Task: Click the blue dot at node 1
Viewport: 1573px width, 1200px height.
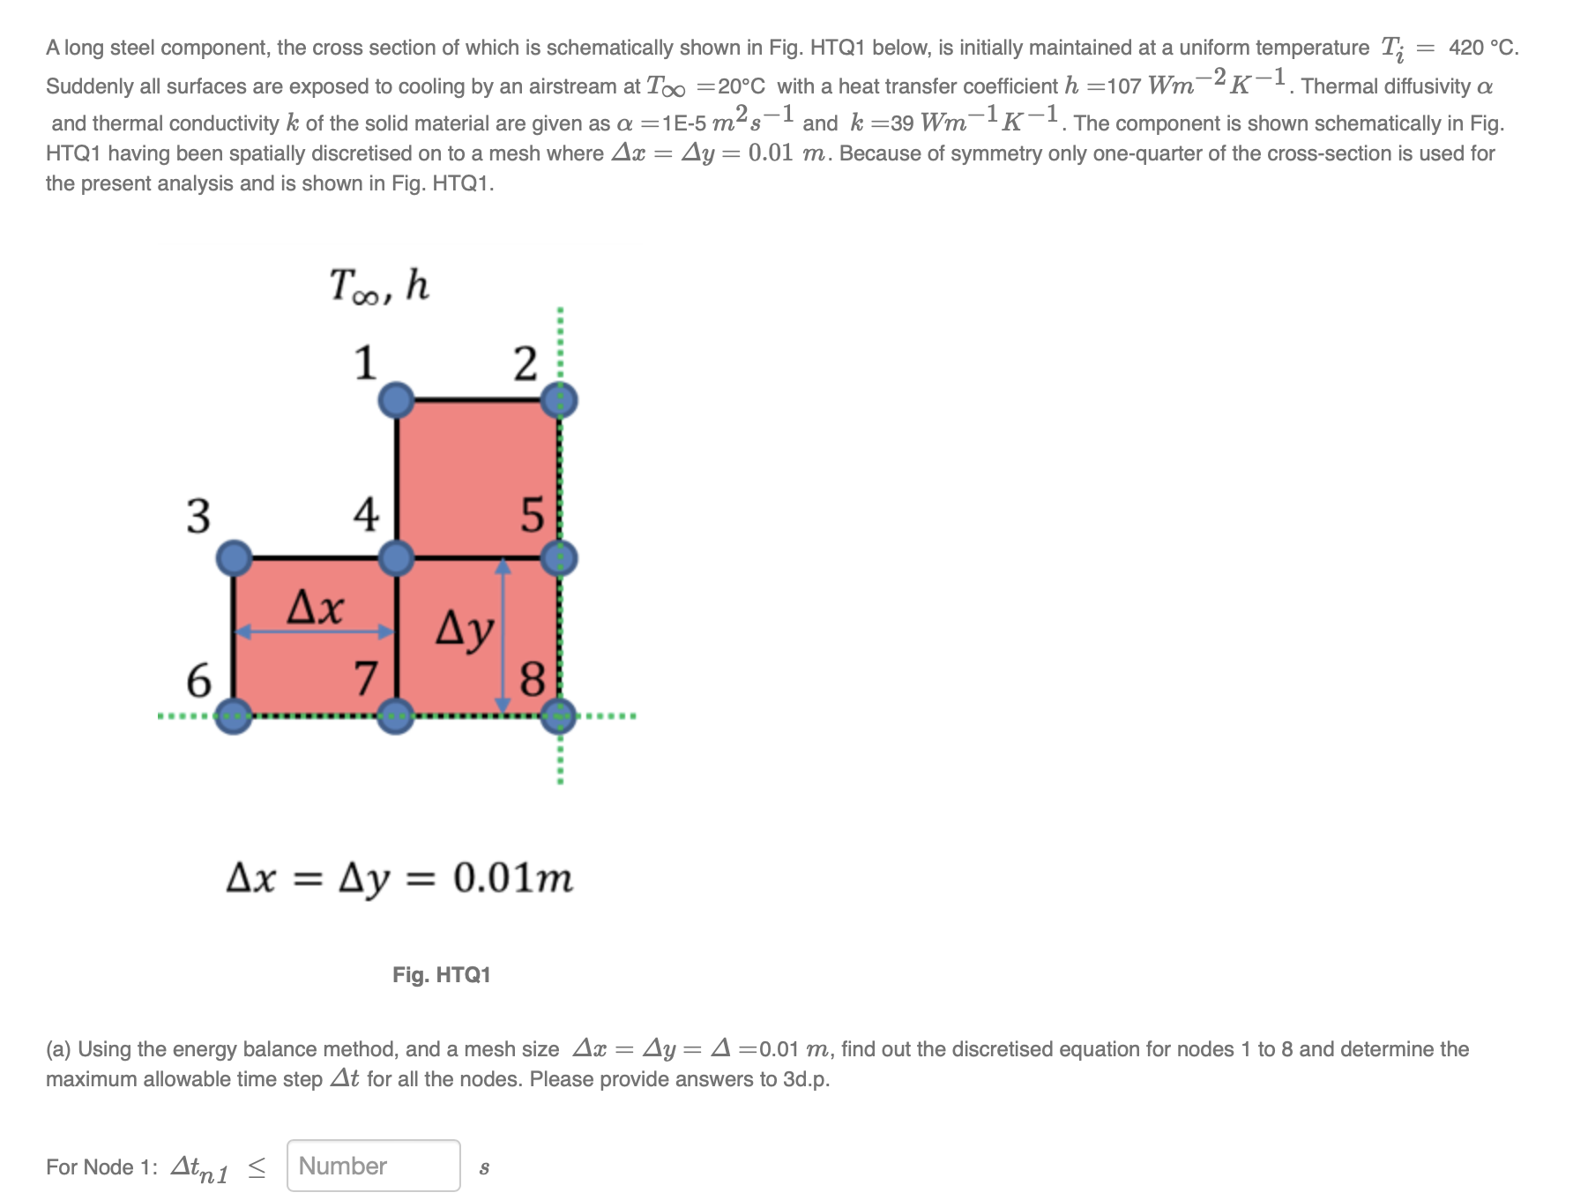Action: pyautogui.click(x=397, y=400)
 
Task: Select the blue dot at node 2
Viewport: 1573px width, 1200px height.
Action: pyautogui.click(x=559, y=400)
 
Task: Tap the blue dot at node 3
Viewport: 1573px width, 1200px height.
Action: pyautogui.click(x=234, y=558)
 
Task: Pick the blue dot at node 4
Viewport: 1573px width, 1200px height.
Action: pyautogui.click(x=397, y=558)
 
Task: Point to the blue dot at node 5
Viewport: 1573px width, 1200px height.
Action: pyautogui.click(x=559, y=558)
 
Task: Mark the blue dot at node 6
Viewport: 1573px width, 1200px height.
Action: pyautogui.click(x=234, y=715)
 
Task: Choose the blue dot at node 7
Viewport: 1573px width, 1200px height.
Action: pyautogui.click(x=397, y=715)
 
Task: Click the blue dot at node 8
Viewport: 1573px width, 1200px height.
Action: pyautogui.click(x=559, y=715)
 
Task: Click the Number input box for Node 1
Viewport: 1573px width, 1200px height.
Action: pyautogui.click(x=373, y=1166)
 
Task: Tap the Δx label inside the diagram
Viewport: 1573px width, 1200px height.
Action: pyautogui.click(x=316, y=607)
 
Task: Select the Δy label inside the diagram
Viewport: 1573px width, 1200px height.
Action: pyautogui.click(x=465, y=630)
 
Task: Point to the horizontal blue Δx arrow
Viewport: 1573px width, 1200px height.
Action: pyautogui.click(x=315, y=631)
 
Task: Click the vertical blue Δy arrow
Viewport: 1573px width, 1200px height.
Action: pyautogui.click(x=503, y=636)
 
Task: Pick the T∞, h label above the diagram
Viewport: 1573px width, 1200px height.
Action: pyautogui.click(x=379, y=286)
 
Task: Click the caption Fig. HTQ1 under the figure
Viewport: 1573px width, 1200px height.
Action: pyautogui.click(x=441, y=974)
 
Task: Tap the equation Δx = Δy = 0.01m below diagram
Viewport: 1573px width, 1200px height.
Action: pyautogui.click(x=399, y=878)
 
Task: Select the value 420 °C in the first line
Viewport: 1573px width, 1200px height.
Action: pyautogui.click(x=1483, y=48)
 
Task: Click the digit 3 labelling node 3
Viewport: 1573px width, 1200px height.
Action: pyautogui.click(x=198, y=516)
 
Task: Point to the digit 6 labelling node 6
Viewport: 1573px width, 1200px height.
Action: pyautogui.click(x=198, y=681)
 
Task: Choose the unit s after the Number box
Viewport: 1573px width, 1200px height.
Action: pyautogui.click(x=483, y=1168)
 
